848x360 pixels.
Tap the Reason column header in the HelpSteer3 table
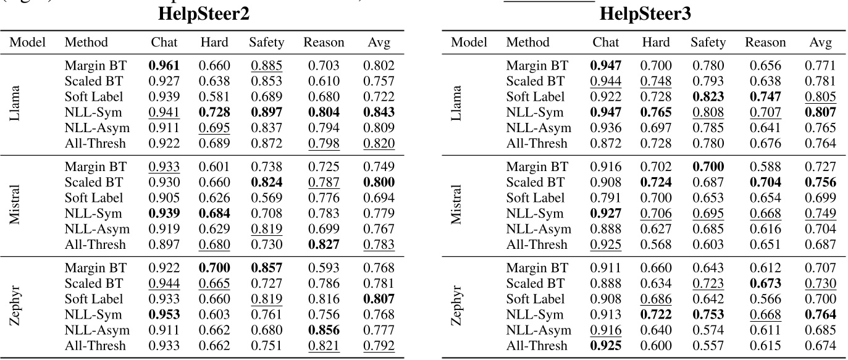click(765, 43)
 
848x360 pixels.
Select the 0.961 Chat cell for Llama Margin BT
click(164, 65)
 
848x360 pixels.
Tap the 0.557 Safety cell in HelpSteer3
click(708, 346)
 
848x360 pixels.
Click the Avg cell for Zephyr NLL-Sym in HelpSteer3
click(821, 314)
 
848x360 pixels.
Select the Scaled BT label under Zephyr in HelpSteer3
click(535, 283)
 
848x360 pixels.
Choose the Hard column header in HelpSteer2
click(214, 43)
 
